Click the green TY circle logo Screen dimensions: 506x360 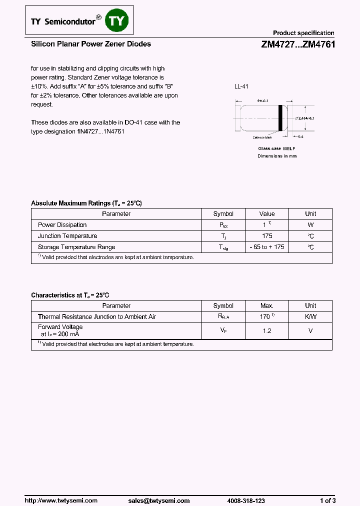coord(118,21)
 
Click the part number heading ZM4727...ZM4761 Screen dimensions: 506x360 coord(297,44)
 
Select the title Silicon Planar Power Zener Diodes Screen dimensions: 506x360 coord(91,44)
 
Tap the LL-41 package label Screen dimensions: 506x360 coord(241,86)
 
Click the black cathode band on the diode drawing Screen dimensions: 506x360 coord(280,118)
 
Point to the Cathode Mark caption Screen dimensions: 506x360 coord(262,137)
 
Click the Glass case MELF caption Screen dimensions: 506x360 coord(276,148)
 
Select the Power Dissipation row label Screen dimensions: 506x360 coord(62,225)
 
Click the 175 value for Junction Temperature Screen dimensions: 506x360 coord(267,236)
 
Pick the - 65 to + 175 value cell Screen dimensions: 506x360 coord(267,247)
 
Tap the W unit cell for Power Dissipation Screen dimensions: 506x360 coord(310,225)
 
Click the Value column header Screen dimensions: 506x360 coord(267,213)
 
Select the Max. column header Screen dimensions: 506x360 coord(267,305)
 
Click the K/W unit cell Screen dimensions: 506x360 coord(310,316)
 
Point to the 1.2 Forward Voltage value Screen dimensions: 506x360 coord(267,330)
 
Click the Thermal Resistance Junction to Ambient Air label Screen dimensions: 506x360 coord(97,316)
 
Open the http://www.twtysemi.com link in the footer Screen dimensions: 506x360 coord(61,500)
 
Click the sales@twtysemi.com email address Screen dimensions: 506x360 coord(159,500)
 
